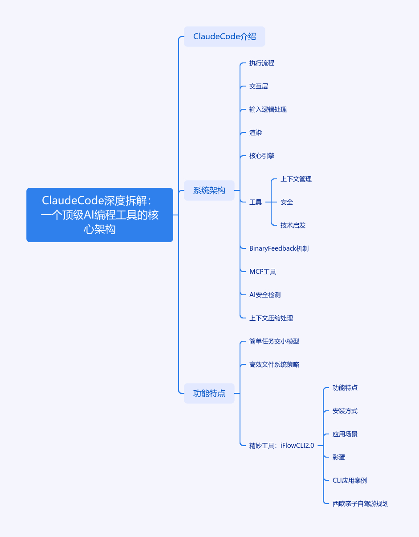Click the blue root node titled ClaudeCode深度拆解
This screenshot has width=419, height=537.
[100, 215]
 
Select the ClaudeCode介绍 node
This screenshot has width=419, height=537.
[224, 37]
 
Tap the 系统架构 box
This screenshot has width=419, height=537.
[209, 190]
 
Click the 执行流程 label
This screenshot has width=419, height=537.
[262, 63]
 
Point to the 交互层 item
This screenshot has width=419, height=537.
[259, 87]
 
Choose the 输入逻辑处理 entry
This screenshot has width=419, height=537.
[268, 110]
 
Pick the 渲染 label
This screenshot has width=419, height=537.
[256, 133]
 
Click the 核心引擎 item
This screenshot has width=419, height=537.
[262, 156]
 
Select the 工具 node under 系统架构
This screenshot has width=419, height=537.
[256, 202]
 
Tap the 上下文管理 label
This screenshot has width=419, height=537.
[296, 179]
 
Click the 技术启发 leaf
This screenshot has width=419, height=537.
[293, 226]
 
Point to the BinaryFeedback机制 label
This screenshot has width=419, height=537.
[279, 248]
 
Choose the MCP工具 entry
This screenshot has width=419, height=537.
[263, 272]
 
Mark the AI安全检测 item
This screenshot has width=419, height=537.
[265, 295]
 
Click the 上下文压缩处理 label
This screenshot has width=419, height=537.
[271, 318]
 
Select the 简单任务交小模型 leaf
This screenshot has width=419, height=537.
[274, 341]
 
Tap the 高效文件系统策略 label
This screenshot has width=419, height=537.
[274, 365]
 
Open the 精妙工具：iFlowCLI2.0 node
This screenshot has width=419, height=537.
[282, 446]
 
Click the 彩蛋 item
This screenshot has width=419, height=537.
[339, 458]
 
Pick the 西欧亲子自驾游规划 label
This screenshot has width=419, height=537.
[361, 504]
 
